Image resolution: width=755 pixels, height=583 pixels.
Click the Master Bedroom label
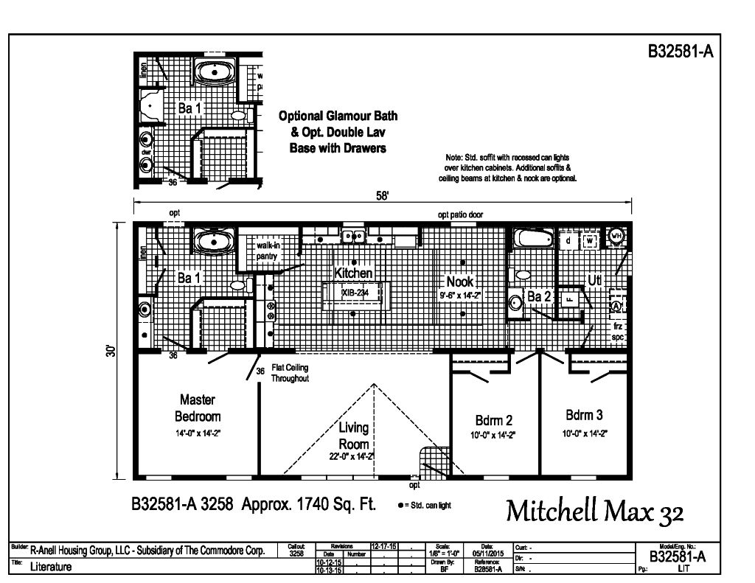197,408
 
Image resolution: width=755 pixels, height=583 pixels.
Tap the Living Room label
354,436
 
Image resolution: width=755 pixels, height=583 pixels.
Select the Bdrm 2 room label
494,420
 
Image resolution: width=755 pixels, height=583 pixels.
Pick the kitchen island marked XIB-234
354,293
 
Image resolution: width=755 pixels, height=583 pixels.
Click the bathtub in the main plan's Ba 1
213,241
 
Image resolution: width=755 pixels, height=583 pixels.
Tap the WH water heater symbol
618,235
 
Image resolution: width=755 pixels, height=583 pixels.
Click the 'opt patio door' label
460,214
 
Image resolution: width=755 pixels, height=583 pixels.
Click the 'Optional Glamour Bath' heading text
338,116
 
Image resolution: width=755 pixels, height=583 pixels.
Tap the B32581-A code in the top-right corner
681,51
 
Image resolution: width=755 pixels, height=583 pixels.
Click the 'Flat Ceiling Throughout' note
290,373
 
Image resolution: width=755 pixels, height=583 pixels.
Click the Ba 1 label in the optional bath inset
189,108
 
